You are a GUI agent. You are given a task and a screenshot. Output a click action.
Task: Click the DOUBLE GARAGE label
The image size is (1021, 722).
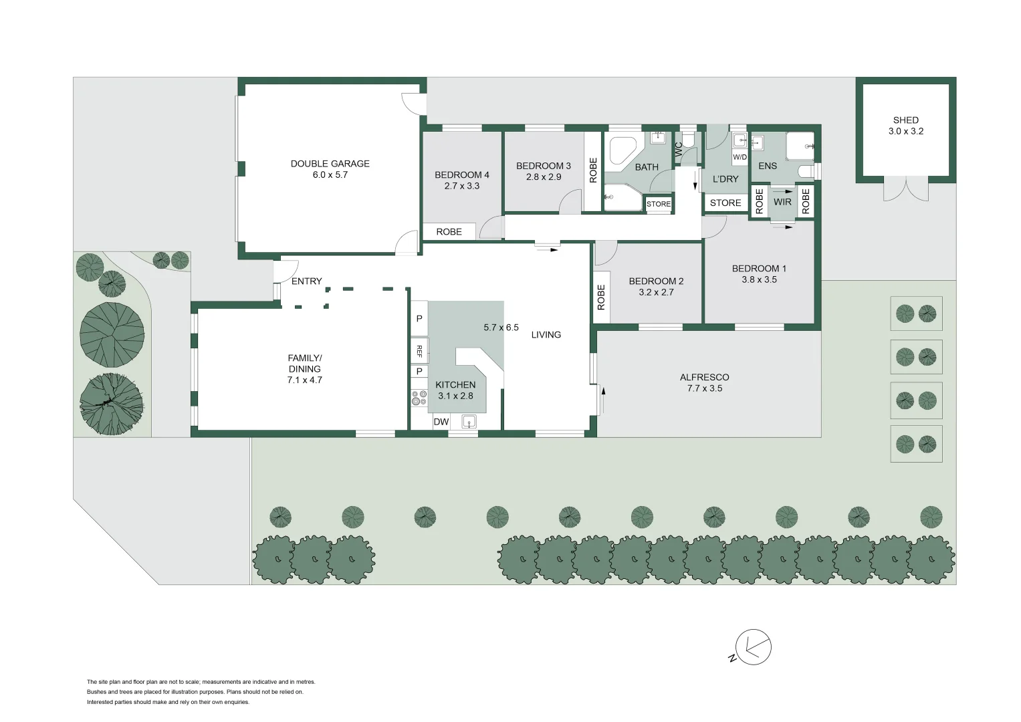coord(330,164)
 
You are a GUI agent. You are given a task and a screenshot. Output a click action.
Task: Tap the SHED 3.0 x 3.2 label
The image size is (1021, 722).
coord(905,126)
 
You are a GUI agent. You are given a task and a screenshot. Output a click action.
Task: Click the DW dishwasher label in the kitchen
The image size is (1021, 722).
coord(441,422)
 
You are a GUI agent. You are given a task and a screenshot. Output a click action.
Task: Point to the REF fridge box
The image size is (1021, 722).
coord(419,350)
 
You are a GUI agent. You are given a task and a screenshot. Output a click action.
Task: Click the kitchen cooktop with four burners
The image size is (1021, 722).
coord(419,398)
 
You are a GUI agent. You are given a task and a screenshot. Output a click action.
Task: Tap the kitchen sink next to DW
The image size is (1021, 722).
coord(469,421)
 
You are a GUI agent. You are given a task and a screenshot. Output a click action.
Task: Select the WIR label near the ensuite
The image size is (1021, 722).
coord(782,202)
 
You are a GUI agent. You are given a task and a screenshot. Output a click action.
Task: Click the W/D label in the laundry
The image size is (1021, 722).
coord(740,157)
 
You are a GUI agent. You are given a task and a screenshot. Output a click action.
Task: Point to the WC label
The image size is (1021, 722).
coord(679,150)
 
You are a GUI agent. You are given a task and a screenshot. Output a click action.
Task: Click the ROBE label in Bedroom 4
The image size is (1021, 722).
coord(449,232)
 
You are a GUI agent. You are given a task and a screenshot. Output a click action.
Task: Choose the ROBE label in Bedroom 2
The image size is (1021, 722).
coord(601,297)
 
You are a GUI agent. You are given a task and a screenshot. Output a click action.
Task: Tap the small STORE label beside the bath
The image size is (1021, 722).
coord(658,204)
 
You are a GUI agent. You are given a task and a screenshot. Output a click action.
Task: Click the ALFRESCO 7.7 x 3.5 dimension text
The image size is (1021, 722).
coord(705,388)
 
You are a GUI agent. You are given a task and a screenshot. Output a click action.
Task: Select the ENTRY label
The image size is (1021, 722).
coord(306,281)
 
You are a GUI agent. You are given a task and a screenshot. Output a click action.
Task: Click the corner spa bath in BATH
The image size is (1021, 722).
coord(622,151)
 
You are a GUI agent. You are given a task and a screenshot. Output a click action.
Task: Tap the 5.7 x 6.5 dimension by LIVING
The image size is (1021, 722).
coord(501,328)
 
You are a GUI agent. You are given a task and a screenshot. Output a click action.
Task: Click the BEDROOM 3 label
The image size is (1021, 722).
coord(543,166)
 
